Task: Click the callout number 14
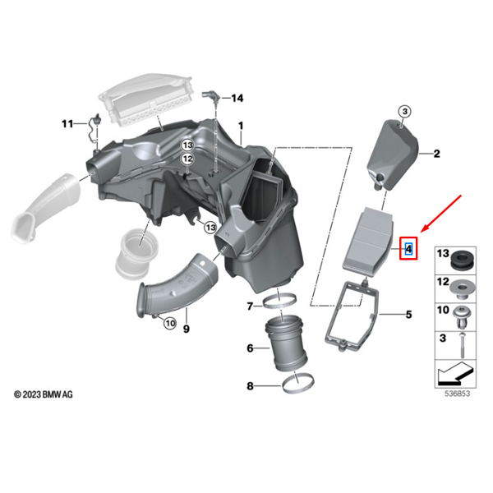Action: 237,99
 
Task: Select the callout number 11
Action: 67,123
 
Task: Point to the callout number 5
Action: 408,314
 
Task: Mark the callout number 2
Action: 437,153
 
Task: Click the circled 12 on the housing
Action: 187,159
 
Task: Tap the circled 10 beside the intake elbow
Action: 169,324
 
